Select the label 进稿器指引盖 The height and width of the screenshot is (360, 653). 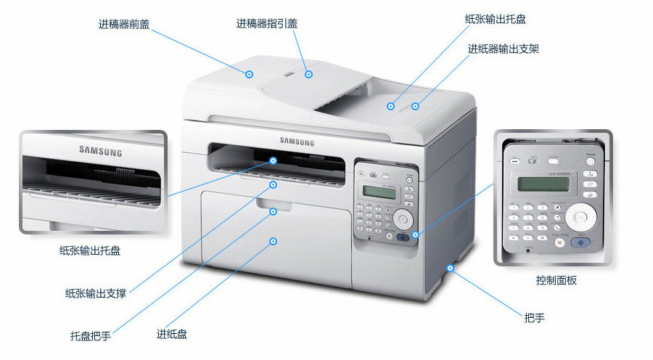pyautogui.click(x=266, y=23)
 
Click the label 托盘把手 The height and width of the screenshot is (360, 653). pyautogui.click(x=90, y=336)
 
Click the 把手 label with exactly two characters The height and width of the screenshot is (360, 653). pyautogui.click(x=534, y=318)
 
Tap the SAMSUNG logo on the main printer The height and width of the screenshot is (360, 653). pyautogui.click(x=297, y=142)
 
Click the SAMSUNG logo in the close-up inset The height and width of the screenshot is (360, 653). pyautogui.click(x=100, y=152)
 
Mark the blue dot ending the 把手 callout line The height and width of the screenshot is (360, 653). pyautogui.click(x=451, y=268)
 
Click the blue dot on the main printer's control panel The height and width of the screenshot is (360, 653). pyautogui.click(x=415, y=234)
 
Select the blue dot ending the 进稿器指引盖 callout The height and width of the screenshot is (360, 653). pyautogui.click(x=308, y=73)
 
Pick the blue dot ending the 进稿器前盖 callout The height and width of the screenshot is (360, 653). pyautogui.click(x=249, y=73)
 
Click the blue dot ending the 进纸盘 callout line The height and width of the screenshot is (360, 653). pyautogui.click(x=274, y=240)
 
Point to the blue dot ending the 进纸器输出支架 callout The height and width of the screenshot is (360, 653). pyautogui.click(x=416, y=106)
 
